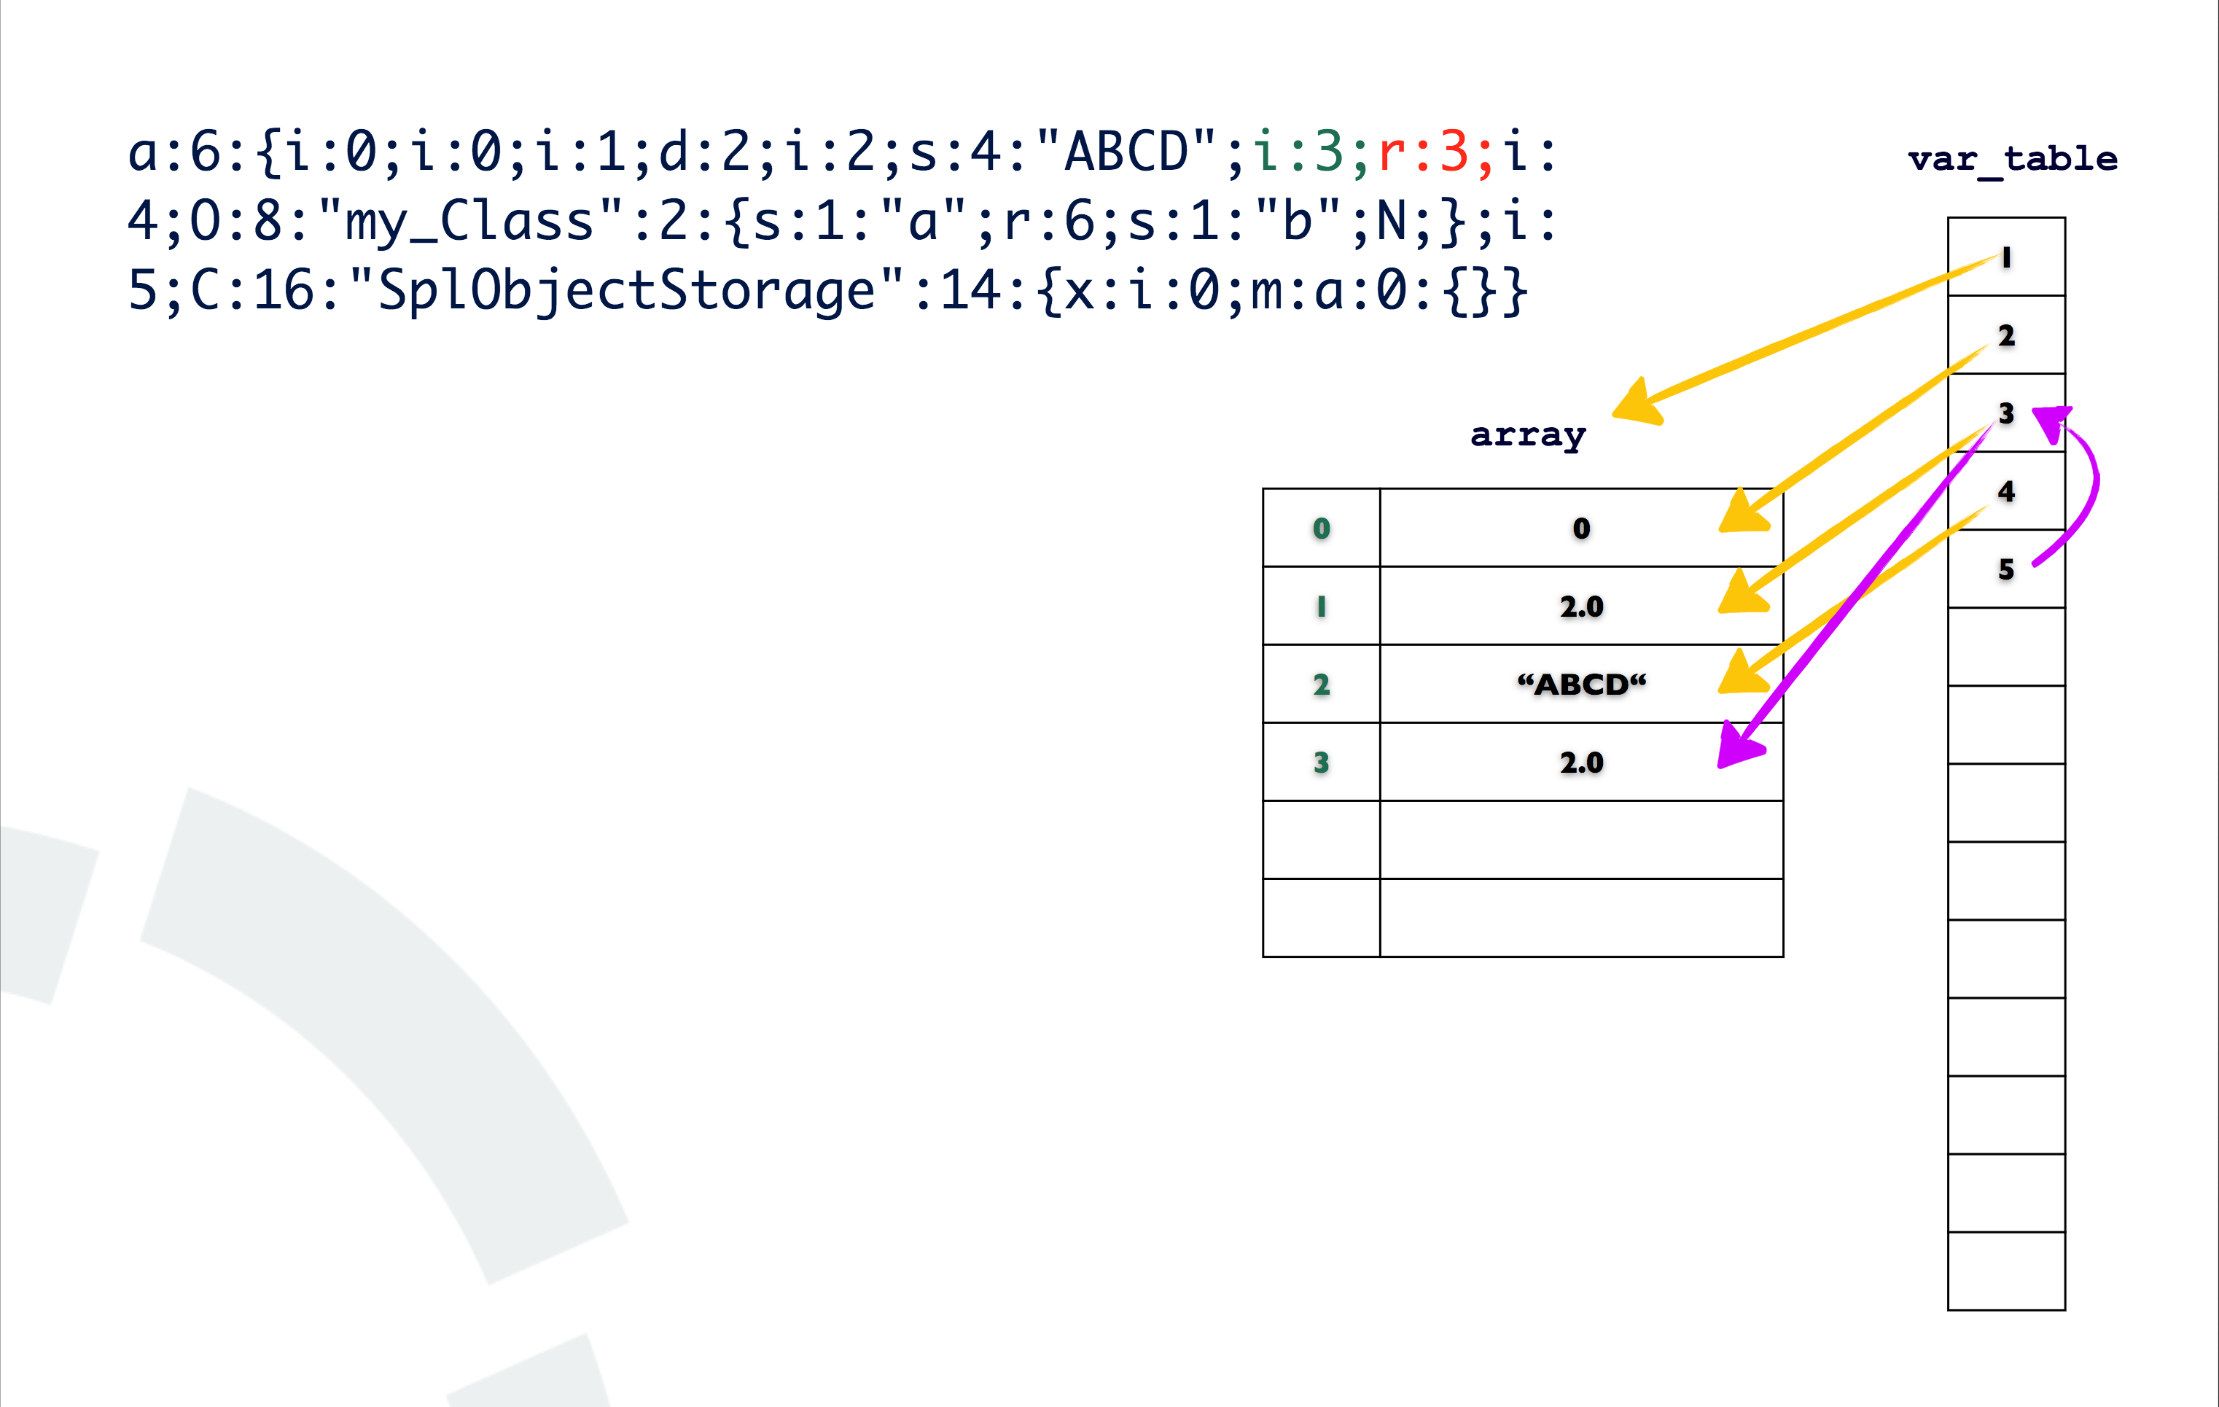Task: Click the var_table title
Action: pyautogui.click(x=2012, y=160)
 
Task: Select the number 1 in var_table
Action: pyautogui.click(x=2006, y=258)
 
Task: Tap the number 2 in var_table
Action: pyautogui.click(x=2006, y=335)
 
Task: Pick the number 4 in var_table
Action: pyautogui.click(x=2006, y=491)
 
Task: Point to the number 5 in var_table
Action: pyautogui.click(x=2006, y=569)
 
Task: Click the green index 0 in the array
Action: pyautogui.click(x=1322, y=528)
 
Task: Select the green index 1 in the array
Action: pyautogui.click(x=1322, y=607)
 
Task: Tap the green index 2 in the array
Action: pyautogui.click(x=1322, y=685)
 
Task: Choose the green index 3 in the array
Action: pyautogui.click(x=1322, y=763)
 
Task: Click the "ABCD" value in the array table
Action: pyautogui.click(x=1581, y=685)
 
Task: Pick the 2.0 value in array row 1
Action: pyautogui.click(x=1581, y=607)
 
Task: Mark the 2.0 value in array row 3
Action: pyautogui.click(x=1581, y=763)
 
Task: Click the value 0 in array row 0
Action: pyautogui.click(x=1581, y=528)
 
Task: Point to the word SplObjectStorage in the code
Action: pyautogui.click(x=627, y=290)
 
